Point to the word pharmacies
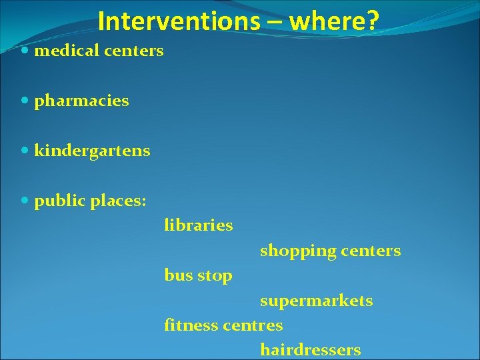(x=81, y=101)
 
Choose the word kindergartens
(x=92, y=151)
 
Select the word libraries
(x=199, y=225)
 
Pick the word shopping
(x=298, y=251)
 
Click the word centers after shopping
(x=371, y=251)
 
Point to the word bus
(x=177, y=275)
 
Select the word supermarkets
(x=317, y=301)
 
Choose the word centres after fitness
(x=253, y=325)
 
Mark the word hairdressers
(x=311, y=349)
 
